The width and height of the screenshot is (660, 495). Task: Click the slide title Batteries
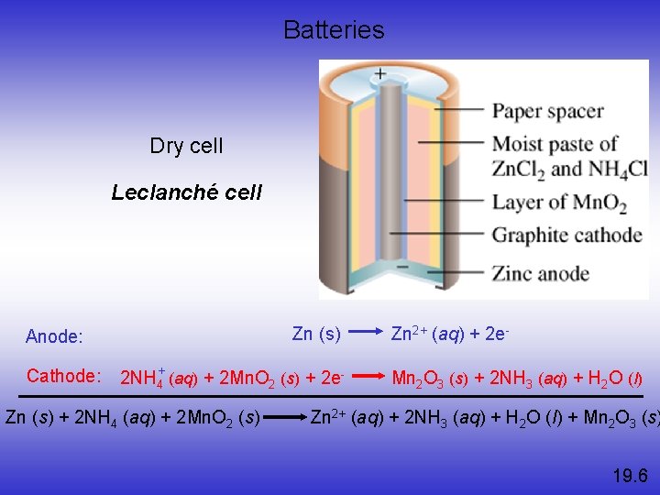pyautogui.click(x=334, y=30)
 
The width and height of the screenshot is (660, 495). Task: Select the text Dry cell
pyautogui.click(x=186, y=146)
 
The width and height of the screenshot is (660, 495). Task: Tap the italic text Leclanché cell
pyautogui.click(x=186, y=192)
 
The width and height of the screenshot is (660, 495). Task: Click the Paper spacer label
pyautogui.click(x=548, y=112)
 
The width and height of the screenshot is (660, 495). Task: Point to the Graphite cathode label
pyautogui.click(x=566, y=236)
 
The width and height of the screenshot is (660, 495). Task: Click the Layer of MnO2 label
pyautogui.click(x=559, y=203)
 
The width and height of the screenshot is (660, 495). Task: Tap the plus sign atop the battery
pyautogui.click(x=379, y=73)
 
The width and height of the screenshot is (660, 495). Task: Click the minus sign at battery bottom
pyautogui.click(x=401, y=267)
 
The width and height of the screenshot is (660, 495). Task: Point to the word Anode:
pyautogui.click(x=54, y=336)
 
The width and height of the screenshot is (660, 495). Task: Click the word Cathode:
pyautogui.click(x=63, y=376)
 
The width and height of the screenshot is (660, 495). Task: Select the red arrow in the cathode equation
pyautogui.click(x=368, y=376)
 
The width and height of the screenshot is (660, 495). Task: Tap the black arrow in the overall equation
pyautogui.click(x=286, y=418)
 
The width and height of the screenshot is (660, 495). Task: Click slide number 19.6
pyautogui.click(x=630, y=475)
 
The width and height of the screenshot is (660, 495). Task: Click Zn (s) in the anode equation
pyautogui.click(x=316, y=334)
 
